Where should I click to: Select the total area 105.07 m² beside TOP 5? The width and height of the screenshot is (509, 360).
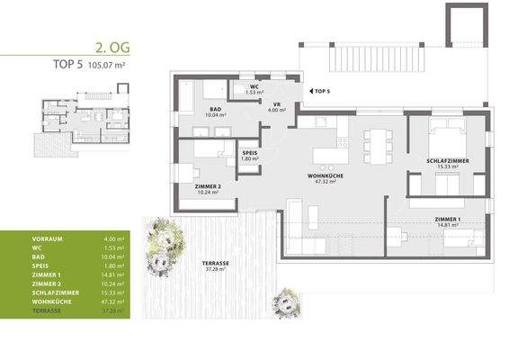pos(101,64)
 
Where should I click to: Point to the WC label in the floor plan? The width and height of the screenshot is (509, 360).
pos(254,87)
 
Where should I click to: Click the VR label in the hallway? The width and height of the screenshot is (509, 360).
pos(278,104)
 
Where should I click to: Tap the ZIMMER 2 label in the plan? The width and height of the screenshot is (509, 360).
pos(207,186)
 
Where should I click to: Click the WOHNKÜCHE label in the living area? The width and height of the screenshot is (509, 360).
pos(321,176)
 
